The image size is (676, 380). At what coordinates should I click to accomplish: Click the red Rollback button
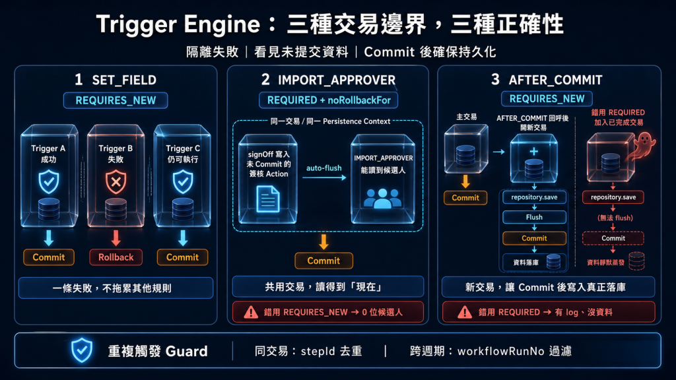click(116, 257)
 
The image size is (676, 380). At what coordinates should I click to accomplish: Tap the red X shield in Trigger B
click(116, 182)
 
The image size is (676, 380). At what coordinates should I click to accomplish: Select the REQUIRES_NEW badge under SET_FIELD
click(116, 100)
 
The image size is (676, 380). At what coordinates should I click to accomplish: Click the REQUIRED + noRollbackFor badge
click(329, 100)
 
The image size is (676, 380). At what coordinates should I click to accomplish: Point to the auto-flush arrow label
click(323, 168)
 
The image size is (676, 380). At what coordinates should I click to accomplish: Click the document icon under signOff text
click(268, 199)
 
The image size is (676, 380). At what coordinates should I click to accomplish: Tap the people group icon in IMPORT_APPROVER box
click(382, 199)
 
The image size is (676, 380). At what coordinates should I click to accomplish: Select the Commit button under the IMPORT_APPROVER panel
click(323, 261)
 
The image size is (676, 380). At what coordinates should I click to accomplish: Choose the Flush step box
click(534, 217)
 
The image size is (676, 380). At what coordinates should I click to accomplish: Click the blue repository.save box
click(534, 197)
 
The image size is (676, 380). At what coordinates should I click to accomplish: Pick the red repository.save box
click(613, 197)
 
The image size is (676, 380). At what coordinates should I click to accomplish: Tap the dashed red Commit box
click(613, 238)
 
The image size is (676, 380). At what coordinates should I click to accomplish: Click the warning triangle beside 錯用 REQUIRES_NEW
click(251, 312)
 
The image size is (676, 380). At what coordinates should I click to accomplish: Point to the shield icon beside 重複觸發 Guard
click(81, 350)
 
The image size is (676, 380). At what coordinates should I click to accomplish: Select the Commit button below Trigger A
click(49, 257)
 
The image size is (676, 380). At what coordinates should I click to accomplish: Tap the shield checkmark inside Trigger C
click(183, 182)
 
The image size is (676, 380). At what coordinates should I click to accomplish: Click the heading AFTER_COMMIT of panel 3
click(555, 80)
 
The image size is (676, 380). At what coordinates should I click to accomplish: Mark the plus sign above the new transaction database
click(533, 151)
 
